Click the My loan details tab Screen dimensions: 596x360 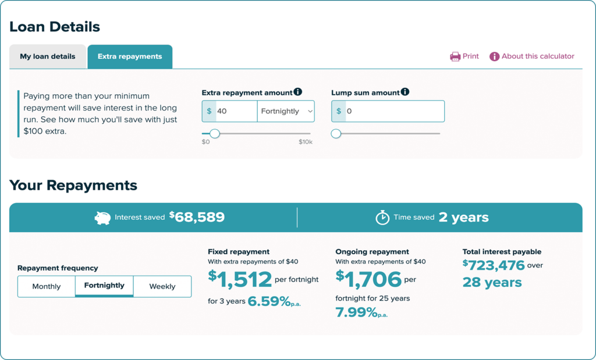click(x=48, y=56)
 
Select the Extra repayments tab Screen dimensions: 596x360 click(x=130, y=56)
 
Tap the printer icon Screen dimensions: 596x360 click(x=455, y=56)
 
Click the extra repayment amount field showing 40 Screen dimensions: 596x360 click(x=236, y=111)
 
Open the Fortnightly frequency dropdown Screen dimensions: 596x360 click(x=286, y=111)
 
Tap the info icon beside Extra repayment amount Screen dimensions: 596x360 click(x=298, y=92)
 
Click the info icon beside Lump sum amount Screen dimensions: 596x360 click(x=405, y=92)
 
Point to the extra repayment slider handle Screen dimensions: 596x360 click(x=215, y=134)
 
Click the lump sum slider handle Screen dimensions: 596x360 click(x=336, y=134)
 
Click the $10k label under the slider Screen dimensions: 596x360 click(x=306, y=142)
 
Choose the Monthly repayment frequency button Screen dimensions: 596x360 click(x=47, y=286)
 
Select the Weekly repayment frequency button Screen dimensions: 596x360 click(x=162, y=286)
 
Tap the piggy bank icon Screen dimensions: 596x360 click(x=102, y=218)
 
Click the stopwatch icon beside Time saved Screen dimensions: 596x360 click(x=382, y=218)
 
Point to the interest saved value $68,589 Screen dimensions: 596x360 click(x=197, y=217)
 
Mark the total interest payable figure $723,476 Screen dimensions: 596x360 click(x=494, y=265)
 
